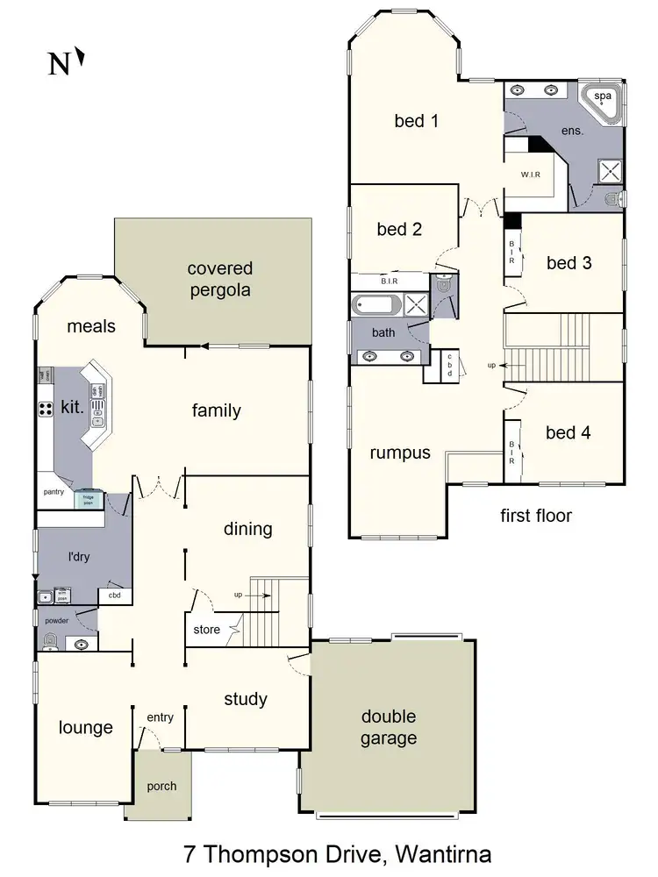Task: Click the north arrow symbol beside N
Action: (x=81, y=59)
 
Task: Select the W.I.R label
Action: (x=530, y=175)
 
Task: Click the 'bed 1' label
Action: (x=416, y=121)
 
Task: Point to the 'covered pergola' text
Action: (x=219, y=279)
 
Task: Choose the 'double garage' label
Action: (x=388, y=727)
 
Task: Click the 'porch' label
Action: (x=161, y=786)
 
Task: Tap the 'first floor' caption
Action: (x=536, y=515)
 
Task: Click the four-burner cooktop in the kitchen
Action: (x=45, y=408)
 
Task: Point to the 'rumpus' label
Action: (x=400, y=453)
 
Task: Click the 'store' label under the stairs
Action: (x=207, y=629)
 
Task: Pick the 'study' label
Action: (x=246, y=699)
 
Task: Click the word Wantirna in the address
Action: (x=445, y=852)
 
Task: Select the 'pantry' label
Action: (x=54, y=492)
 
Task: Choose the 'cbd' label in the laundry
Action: (x=114, y=596)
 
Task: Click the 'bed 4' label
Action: (x=568, y=432)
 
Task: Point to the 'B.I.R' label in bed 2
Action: (x=390, y=282)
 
